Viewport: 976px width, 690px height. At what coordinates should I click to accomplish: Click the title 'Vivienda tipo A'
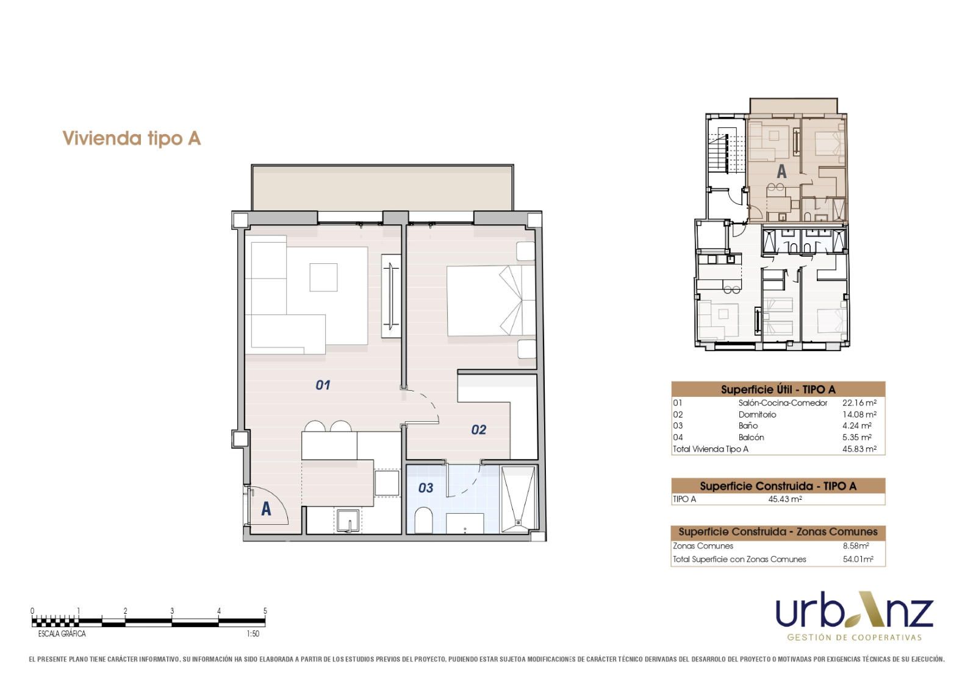click(132, 138)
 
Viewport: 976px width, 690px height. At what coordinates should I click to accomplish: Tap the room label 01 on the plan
click(323, 385)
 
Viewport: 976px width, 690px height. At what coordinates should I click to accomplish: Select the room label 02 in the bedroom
click(478, 430)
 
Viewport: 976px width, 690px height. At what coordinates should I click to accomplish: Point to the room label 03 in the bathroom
click(426, 488)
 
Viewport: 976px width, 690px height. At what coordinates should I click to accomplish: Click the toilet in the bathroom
click(423, 520)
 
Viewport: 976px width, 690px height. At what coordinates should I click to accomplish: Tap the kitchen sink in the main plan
click(348, 521)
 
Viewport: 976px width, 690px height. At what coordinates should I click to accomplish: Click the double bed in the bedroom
click(491, 301)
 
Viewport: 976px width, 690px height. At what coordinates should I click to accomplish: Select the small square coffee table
click(323, 277)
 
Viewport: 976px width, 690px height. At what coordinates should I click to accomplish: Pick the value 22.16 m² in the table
click(859, 403)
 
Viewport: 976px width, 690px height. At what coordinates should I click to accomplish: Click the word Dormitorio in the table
click(757, 414)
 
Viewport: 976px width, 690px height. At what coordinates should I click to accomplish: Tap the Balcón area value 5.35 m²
click(856, 437)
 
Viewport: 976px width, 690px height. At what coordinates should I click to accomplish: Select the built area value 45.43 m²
click(784, 499)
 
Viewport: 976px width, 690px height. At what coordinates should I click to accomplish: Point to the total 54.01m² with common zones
click(858, 559)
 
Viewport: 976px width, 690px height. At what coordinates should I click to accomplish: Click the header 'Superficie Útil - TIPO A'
click(778, 389)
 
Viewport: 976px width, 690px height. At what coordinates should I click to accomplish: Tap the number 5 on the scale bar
click(265, 611)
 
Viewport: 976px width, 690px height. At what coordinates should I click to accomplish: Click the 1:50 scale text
click(253, 634)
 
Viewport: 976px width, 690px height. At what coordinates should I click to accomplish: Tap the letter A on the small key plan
click(781, 171)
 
